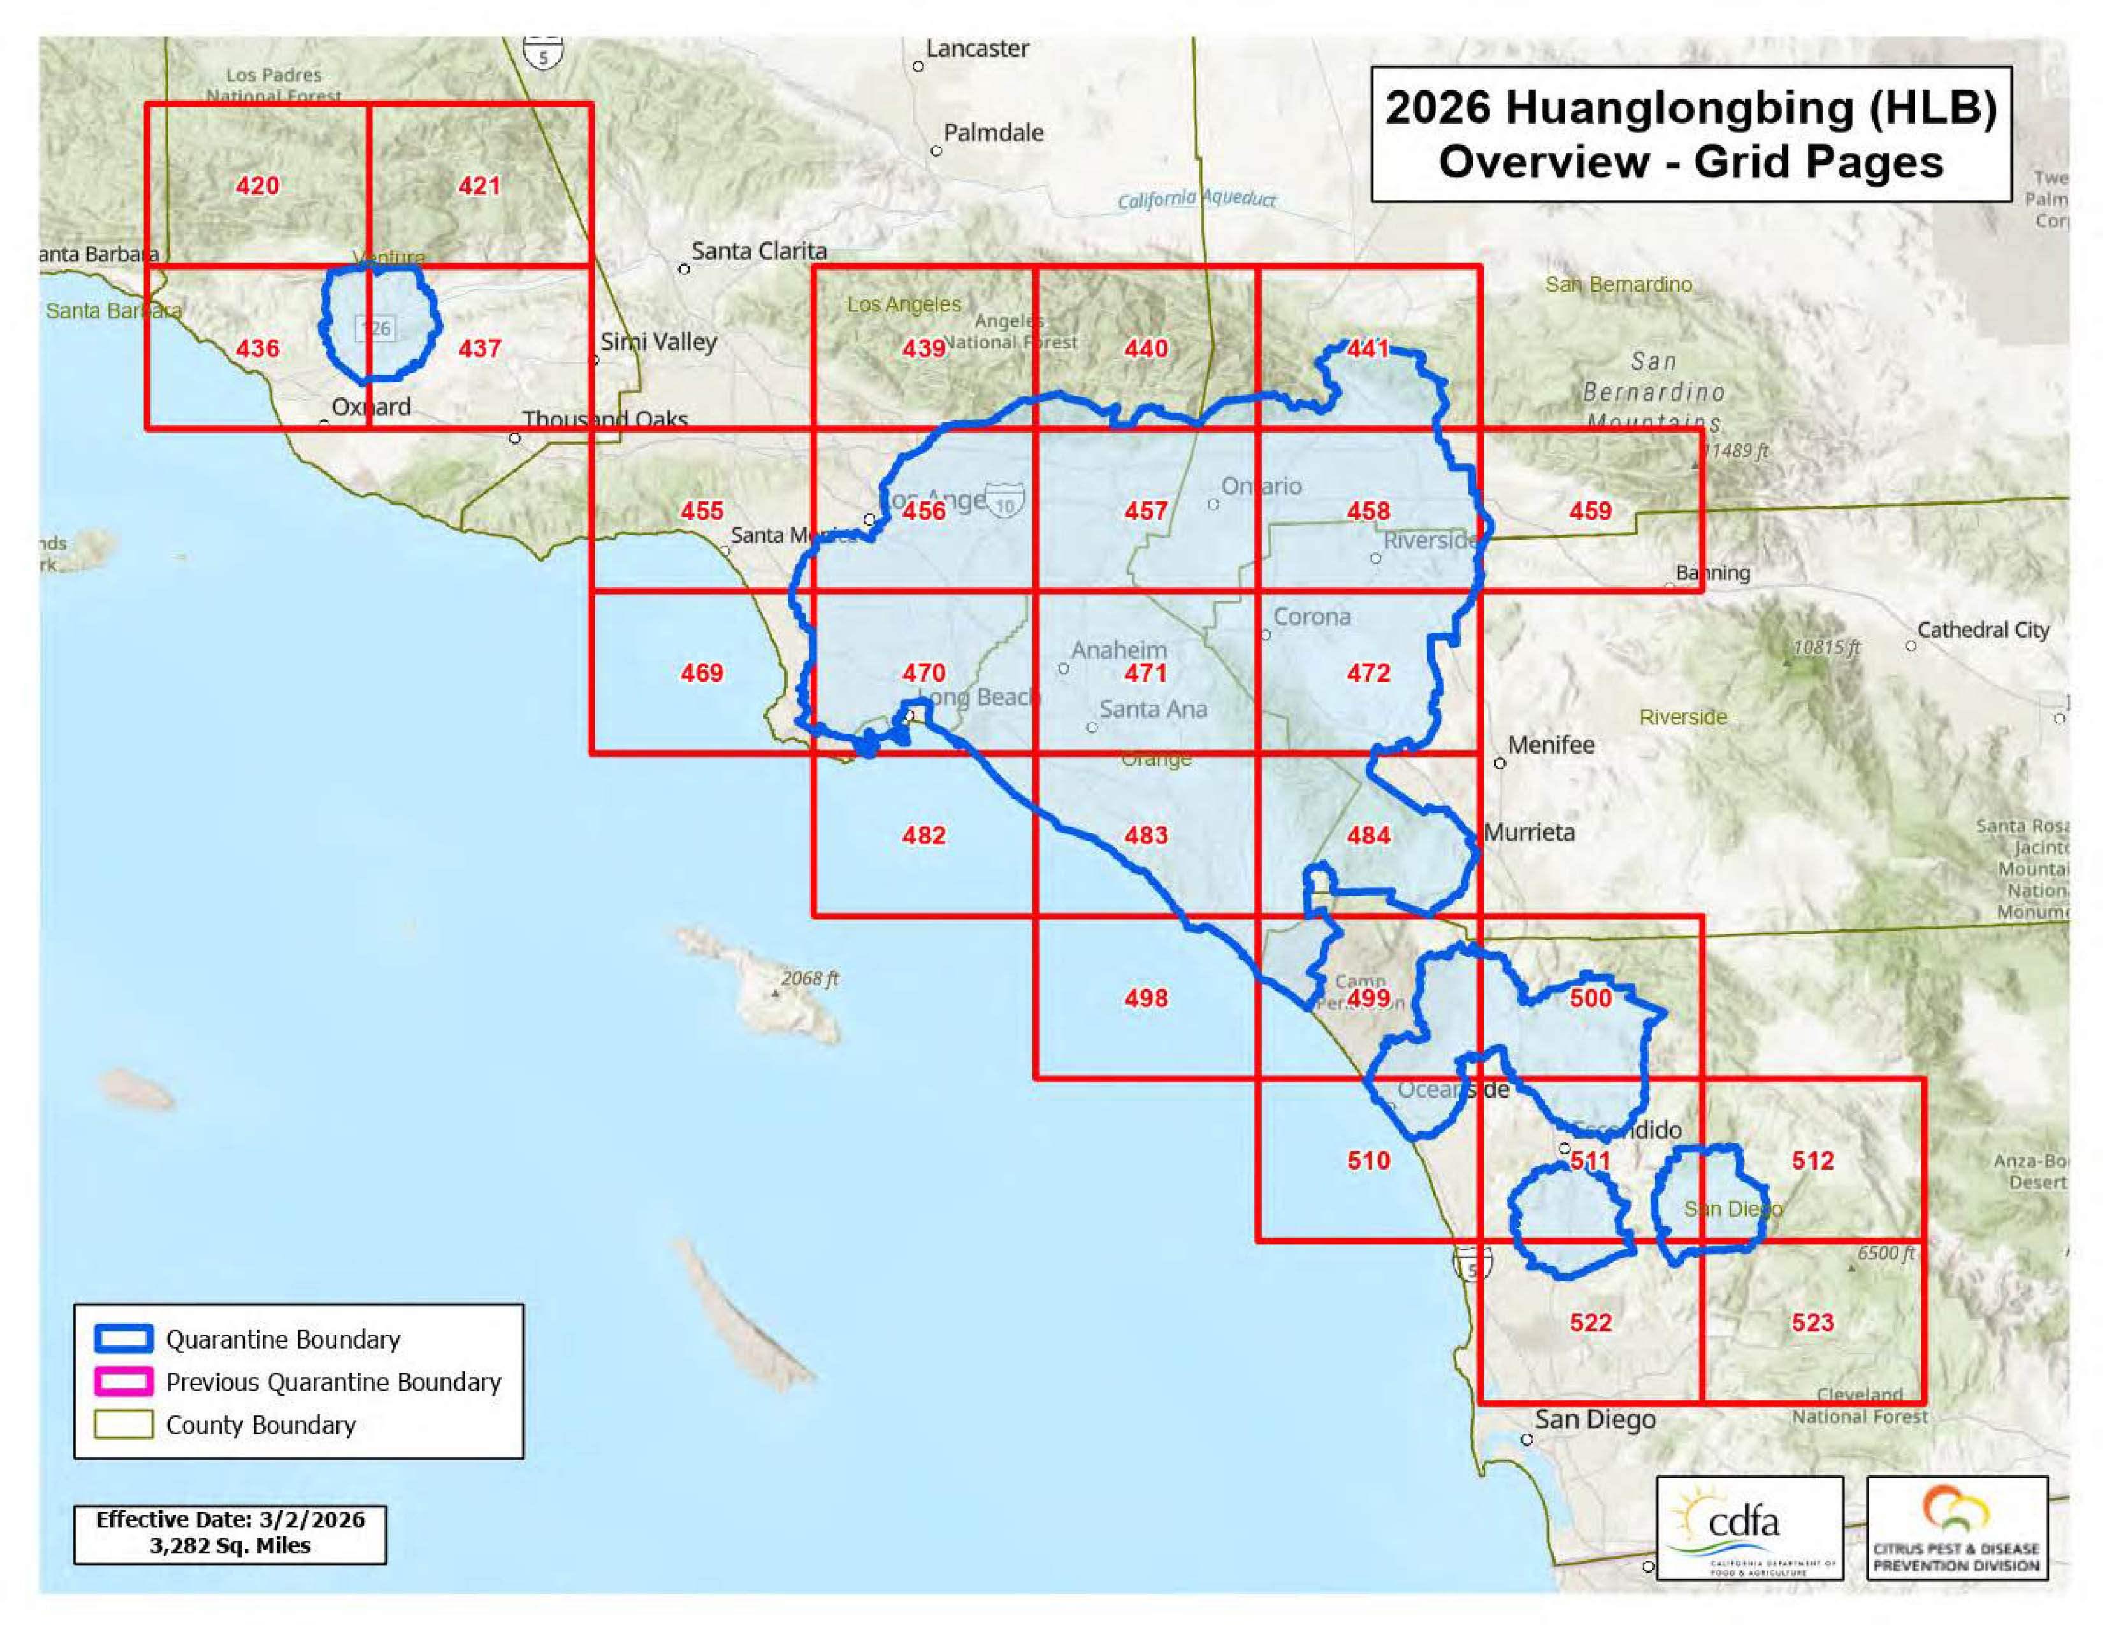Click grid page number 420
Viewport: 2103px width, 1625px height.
tap(257, 186)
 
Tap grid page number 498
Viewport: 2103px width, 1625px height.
tap(1145, 998)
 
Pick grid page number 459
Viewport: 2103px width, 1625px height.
tap(1590, 511)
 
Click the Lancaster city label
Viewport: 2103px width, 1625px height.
tap(976, 49)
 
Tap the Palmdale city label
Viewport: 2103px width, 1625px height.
tap(993, 133)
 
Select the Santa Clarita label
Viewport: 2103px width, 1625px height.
tap(759, 251)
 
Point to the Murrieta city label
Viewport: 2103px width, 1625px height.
tap(1529, 833)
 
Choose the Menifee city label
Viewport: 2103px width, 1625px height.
tap(1550, 745)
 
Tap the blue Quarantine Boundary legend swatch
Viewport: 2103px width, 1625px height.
tap(123, 1339)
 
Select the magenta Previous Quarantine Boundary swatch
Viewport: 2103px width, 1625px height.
tap(123, 1382)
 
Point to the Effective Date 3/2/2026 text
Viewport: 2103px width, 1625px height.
tap(230, 1520)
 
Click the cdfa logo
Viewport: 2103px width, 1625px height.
tap(1749, 1529)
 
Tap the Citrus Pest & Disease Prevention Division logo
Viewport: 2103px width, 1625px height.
tap(1956, 1529)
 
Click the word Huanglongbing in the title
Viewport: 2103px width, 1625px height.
tap(1679, 108)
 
